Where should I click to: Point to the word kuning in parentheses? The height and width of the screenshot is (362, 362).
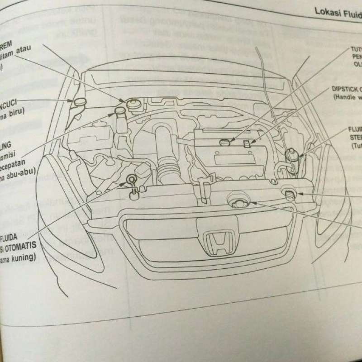coord(24,258)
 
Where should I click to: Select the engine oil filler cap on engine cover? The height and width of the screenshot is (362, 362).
coord(224,143)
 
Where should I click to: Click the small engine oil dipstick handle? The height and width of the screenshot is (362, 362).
coord(247,144)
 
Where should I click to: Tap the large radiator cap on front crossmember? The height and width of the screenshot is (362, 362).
coord(238,199)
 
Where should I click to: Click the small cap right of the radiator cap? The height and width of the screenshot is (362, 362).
coord(289,193)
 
